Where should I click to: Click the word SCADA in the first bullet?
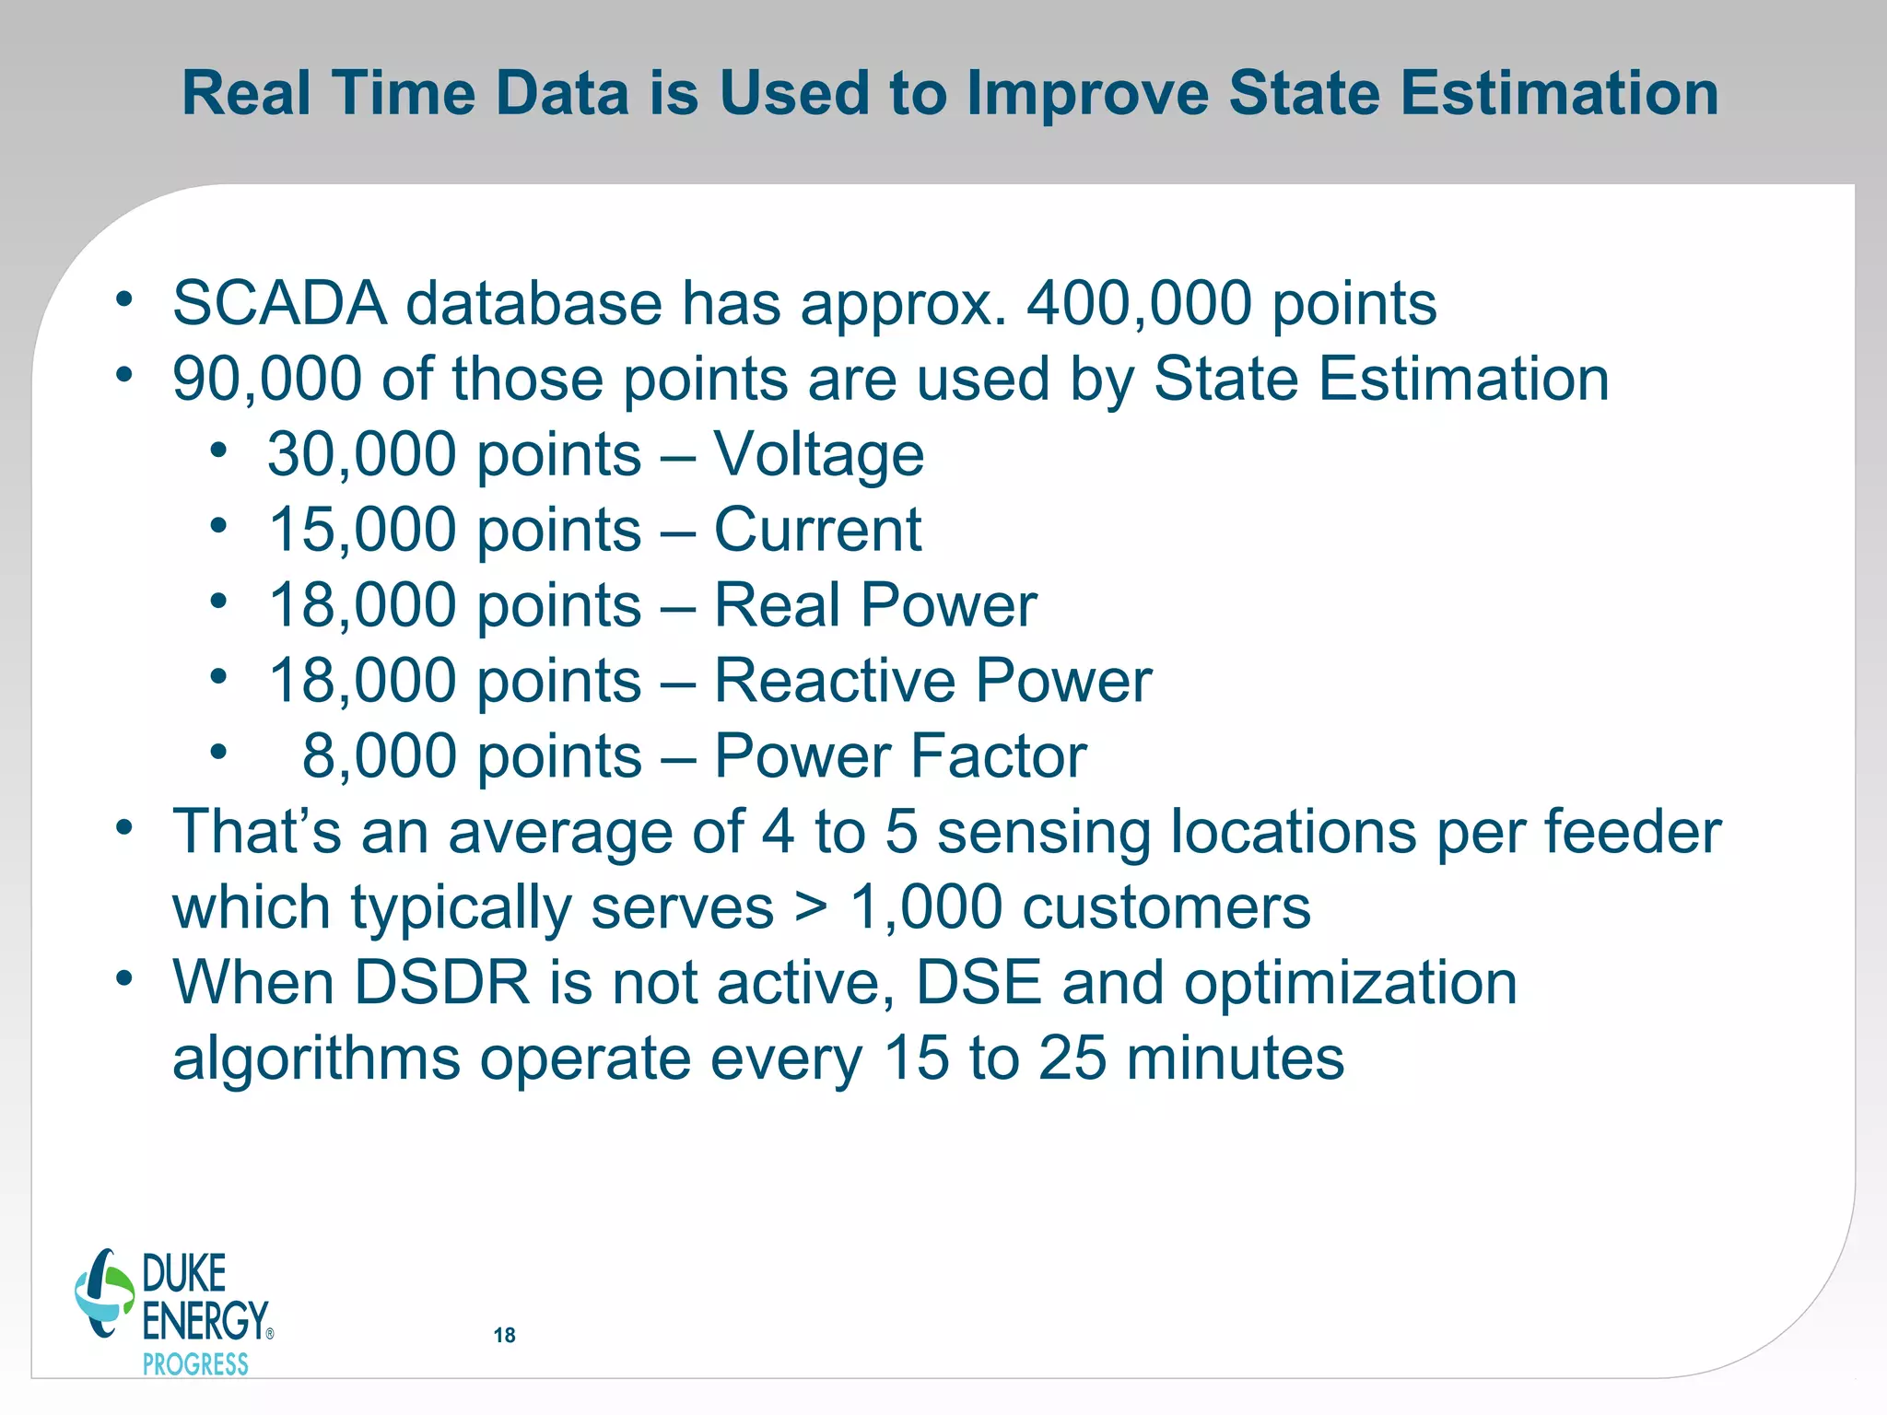(280, 303)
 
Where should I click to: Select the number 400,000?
(1139, 303)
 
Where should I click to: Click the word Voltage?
(818, 454)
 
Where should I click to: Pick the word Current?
(817, 530)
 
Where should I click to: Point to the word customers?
(1166, 907)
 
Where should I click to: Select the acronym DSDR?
(442, 983)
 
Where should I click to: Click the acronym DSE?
(979, 983)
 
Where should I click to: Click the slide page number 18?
(504, 1335)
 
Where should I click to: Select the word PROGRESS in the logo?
(195, 1364)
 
